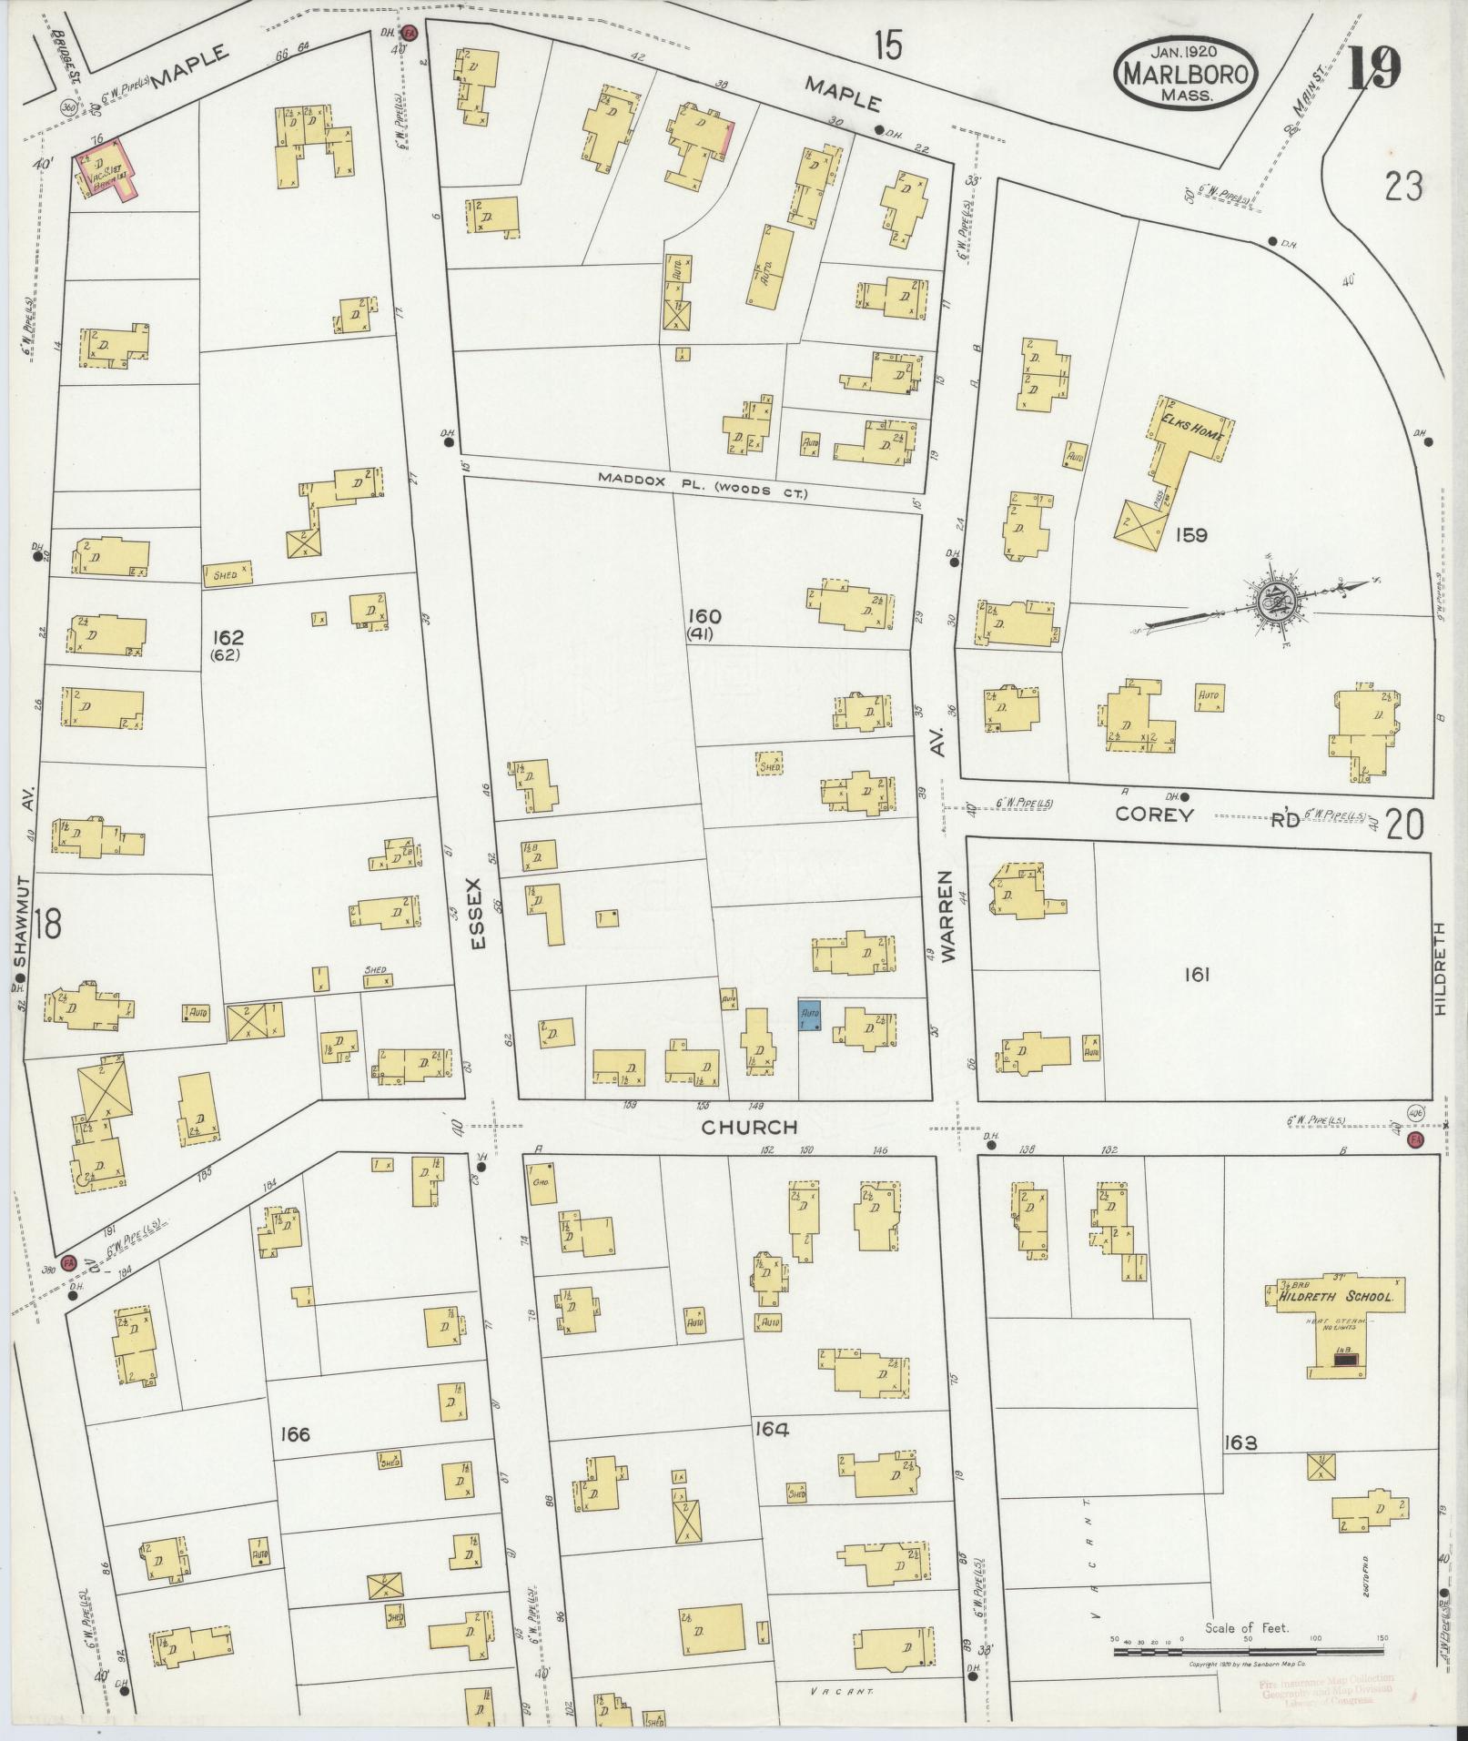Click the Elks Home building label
(x=1192, y=435)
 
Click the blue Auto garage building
(x=810, y=1016)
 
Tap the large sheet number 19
(x=1373, y=69)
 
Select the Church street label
(x=749, y=1128)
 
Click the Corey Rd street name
(x=1154, y=815)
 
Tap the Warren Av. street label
(x=948, y=916)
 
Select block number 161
(x=1196, y=976)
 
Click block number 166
(x=295, y=1435)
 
